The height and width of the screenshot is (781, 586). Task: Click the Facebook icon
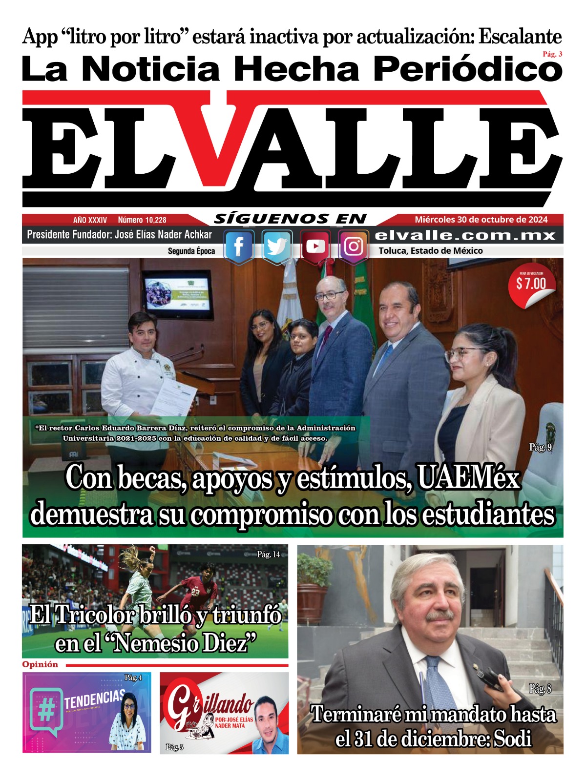(x=239, y=247)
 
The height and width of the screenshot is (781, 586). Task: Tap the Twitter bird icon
(x=277, y=247)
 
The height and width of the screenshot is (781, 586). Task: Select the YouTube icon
(x=315, y=247)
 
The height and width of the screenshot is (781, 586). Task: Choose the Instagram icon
(x=354, y=247)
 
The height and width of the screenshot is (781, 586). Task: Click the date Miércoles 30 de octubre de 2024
(x=481, y=220)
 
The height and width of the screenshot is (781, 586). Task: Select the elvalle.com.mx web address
(x=465, y=235)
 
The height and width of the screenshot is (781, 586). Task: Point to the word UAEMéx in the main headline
(x=468, y=478)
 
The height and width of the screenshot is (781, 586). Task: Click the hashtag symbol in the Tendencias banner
(x=46, y=712)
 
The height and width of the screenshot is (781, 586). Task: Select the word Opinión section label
(x=40, y=664)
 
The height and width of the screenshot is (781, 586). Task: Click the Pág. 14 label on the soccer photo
(x=269, y=554)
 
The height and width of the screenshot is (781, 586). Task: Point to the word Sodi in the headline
(x=512, y=739)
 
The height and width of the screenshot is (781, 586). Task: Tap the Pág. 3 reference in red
(x=552, y=54)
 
